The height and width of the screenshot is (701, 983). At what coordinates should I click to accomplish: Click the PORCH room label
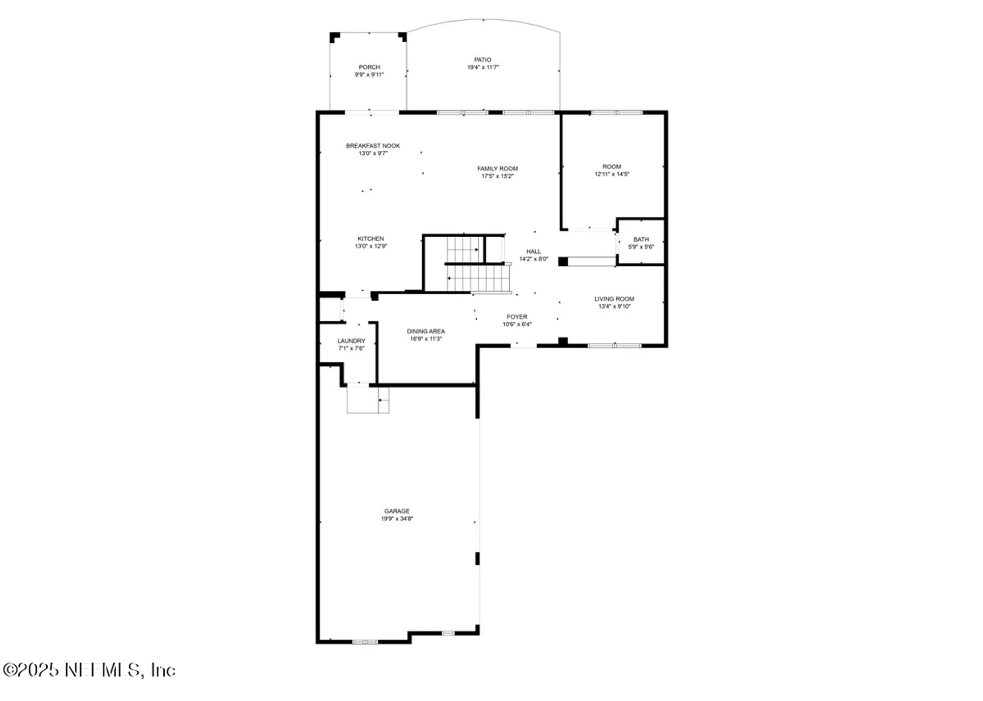point(369,67)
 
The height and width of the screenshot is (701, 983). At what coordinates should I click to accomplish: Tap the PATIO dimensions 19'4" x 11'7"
point(483,67)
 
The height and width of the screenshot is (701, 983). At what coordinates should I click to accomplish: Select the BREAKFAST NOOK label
point(373,146)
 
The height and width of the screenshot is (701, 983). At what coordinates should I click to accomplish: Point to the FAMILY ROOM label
point(497,168)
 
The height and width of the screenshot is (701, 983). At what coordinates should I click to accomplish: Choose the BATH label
point(641,239)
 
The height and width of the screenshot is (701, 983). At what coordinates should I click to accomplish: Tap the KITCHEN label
point(371,239)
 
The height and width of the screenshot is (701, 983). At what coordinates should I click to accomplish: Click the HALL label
point(533,252)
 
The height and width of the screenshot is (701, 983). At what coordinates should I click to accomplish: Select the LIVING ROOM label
point(614,299)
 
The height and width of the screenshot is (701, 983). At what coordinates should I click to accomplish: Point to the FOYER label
point(517,317)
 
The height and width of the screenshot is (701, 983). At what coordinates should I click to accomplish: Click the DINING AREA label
point(426,331)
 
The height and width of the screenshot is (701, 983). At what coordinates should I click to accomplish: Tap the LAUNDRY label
point(351,341)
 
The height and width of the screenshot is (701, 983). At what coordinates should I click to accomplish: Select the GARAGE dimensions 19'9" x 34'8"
point(397,519)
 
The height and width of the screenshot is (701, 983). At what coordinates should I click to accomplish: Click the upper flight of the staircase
point(464,250)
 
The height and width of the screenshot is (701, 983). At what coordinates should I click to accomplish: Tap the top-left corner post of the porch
point(334,36)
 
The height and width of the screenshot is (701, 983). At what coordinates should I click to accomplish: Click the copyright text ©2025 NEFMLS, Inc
point(89,670)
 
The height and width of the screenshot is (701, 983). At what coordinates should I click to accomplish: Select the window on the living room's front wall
point(614,346)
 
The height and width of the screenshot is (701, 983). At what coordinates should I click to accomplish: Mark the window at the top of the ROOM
point(616,112)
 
